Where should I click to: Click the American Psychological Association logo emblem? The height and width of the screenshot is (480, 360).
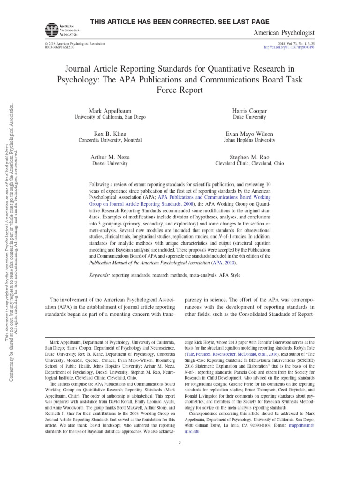[50, 30]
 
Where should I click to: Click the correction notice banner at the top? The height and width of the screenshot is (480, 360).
[180, 22]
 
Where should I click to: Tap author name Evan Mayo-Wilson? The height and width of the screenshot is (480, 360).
[249, 134]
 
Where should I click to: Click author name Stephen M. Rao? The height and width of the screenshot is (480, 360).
[249, 157]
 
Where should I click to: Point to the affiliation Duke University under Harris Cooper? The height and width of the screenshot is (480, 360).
[249, 117]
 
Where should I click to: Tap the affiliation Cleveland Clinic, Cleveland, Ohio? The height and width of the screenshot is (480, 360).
[249, 164]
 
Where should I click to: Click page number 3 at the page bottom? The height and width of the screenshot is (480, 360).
[180, 442]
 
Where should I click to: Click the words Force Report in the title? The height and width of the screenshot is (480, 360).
[180, 90]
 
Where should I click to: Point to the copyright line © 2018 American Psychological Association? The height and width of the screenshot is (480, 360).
[75, 43]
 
